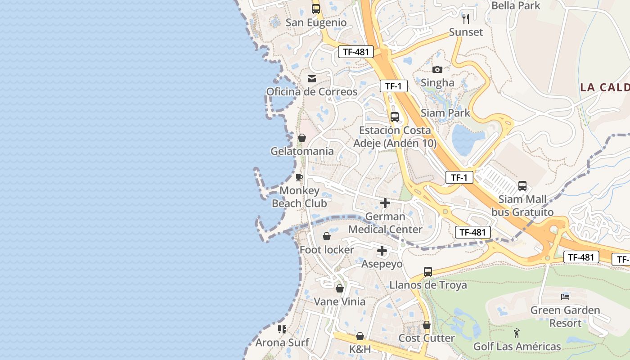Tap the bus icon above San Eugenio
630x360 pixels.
pyautogui.click(x=316, y=9)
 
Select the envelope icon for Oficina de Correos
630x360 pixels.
pyautogui.click(x=311, y=79)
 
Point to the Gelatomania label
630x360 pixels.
pyautogui.click(x=302, y=151)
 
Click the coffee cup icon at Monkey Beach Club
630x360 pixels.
pyautogui.click(x=299, y=177)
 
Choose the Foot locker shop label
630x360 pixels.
pyautogui.click(x=327, y=250)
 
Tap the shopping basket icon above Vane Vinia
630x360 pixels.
pyautogui.click(x=340, y=288)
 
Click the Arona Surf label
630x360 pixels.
pyautogui.click(x=282, y=342)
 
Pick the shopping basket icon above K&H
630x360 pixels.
pyautogui.click(x=360, y=336)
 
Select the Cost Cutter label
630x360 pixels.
pyautogui.click(x=427, y=338)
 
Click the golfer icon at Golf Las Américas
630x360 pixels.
pyautogui.click(x=517, y=333)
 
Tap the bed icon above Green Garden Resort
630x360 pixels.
pyautogui.click(x=565, y=297)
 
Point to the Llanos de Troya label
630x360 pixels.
pyautogui.click(x=428, y=285)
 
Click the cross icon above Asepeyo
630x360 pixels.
pyautogui.click(x=382, y=251)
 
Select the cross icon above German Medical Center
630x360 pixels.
pyautogui.click(x=385, y=203)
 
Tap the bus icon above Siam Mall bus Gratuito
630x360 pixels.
pyautogui.click(x=522, y=185)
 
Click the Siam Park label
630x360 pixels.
pyautogui.click(x=445, y=113)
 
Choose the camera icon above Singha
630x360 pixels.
pyautogui.click(x=437, y=69)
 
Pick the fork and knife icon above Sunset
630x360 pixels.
pyautogui.click(x=466, y=18)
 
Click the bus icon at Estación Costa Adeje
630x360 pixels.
pyautogui.click(x=395, y=117)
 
